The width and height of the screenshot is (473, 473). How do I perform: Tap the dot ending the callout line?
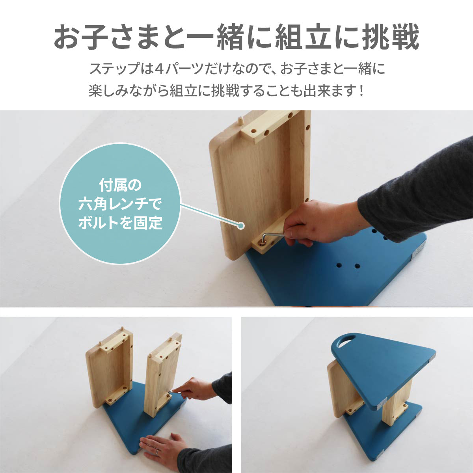coord(241,225)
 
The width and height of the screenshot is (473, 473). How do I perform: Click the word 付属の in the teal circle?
coord(120,185)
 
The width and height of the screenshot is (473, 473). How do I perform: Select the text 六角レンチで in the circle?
coord(120,204)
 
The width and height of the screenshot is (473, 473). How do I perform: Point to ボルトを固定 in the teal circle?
coord(120,223)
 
